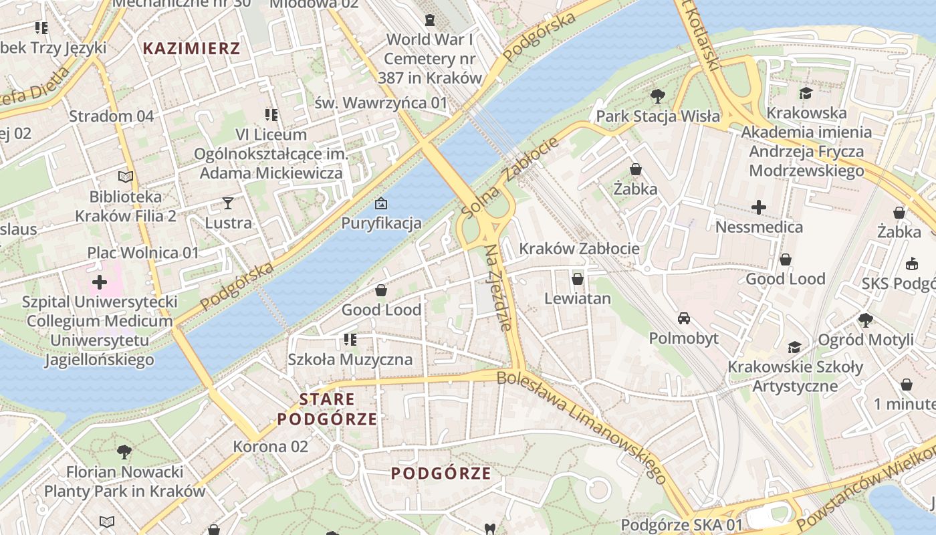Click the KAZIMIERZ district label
[191, 48]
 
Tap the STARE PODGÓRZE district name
[327, 409]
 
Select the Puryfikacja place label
[381, 223]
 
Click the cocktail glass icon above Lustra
[228, 203]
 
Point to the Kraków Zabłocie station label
[579, 249]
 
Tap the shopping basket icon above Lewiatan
[578, 279]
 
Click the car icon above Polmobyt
[683, 318]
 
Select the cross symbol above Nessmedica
[759, 207]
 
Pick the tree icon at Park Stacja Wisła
[658, 96]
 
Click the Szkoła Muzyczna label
[350, 359]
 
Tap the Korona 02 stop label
[270, 446]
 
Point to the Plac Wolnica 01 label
[143, 253]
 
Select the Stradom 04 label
[112, 116]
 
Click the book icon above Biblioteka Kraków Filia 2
[126, 177]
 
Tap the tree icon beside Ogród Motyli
[866, 320]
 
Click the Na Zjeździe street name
[499, 288]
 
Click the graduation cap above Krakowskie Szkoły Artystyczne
[794, 347]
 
